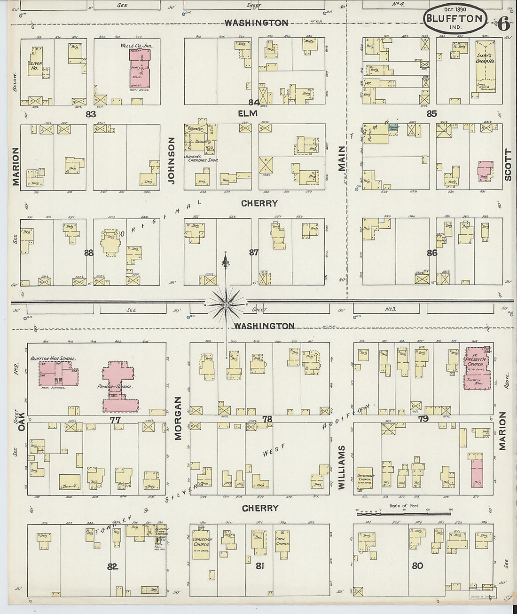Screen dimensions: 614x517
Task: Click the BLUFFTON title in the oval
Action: click(454, 19)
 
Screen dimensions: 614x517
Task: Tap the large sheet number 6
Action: click(503, 24)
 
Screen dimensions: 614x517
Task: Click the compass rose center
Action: click(226, 305)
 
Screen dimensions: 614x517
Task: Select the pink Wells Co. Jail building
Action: click(142, 68)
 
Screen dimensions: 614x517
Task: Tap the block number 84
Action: click(254, 103)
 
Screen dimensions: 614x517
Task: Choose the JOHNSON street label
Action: click(172, 160)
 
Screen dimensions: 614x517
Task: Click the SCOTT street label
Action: click(508, 165)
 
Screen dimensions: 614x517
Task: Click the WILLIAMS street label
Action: click(342, 467)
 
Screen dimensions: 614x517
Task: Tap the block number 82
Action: click(112, 566)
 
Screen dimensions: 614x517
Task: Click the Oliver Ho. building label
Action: click(35, 66)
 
